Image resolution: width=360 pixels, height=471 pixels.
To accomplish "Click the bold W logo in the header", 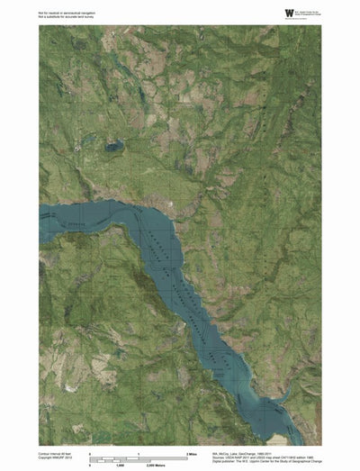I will pyautogui.click(x=289, y=13).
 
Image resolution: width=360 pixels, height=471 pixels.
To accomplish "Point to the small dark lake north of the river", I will pyautogui.click(x=113, y=144).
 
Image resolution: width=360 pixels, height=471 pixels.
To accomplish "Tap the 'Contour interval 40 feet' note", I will pyautogui.click(x=59, y=453).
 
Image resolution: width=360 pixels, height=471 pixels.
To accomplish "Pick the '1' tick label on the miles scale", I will pyautogui.click(x=138, y=452).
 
